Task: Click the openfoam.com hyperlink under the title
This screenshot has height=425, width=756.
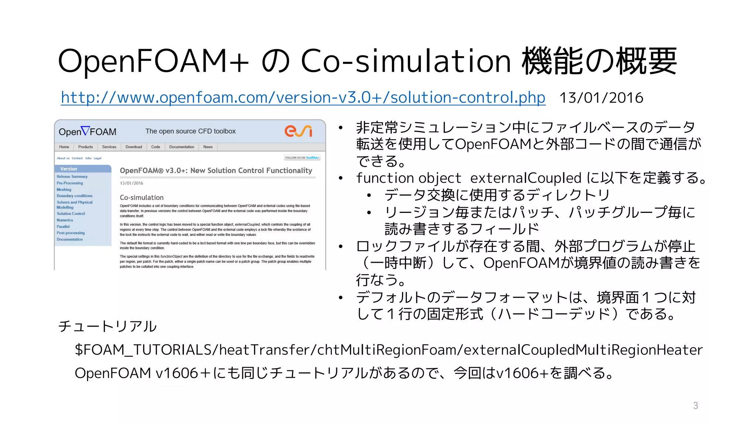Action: click(303, 98)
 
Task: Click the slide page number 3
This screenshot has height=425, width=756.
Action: click(695, 405)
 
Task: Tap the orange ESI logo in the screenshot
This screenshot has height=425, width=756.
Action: click(298, 131)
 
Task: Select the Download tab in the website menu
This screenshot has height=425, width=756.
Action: click(134, 147)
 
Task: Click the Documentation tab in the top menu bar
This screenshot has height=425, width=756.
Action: click(182, 147)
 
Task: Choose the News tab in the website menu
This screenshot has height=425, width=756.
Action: click(208, 147)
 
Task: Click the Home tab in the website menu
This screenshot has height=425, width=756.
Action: click(64, 147)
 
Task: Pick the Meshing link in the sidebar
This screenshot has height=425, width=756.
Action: click(64, 190)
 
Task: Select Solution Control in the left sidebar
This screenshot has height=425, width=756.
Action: click(71, 214)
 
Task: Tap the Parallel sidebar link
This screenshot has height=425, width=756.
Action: click(63, 227)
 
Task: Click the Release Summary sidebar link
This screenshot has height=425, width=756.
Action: click(72, 177)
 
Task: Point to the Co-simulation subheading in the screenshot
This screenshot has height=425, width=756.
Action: click(142, 198)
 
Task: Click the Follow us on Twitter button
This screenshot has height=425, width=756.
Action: click(302, 158)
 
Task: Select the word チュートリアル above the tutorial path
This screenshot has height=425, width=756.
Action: click(107, 326)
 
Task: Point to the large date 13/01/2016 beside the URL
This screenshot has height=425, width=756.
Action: click(601, 98)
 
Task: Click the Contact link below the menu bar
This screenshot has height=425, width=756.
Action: click(77, 158)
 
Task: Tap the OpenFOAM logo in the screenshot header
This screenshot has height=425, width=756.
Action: click(87, 131)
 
